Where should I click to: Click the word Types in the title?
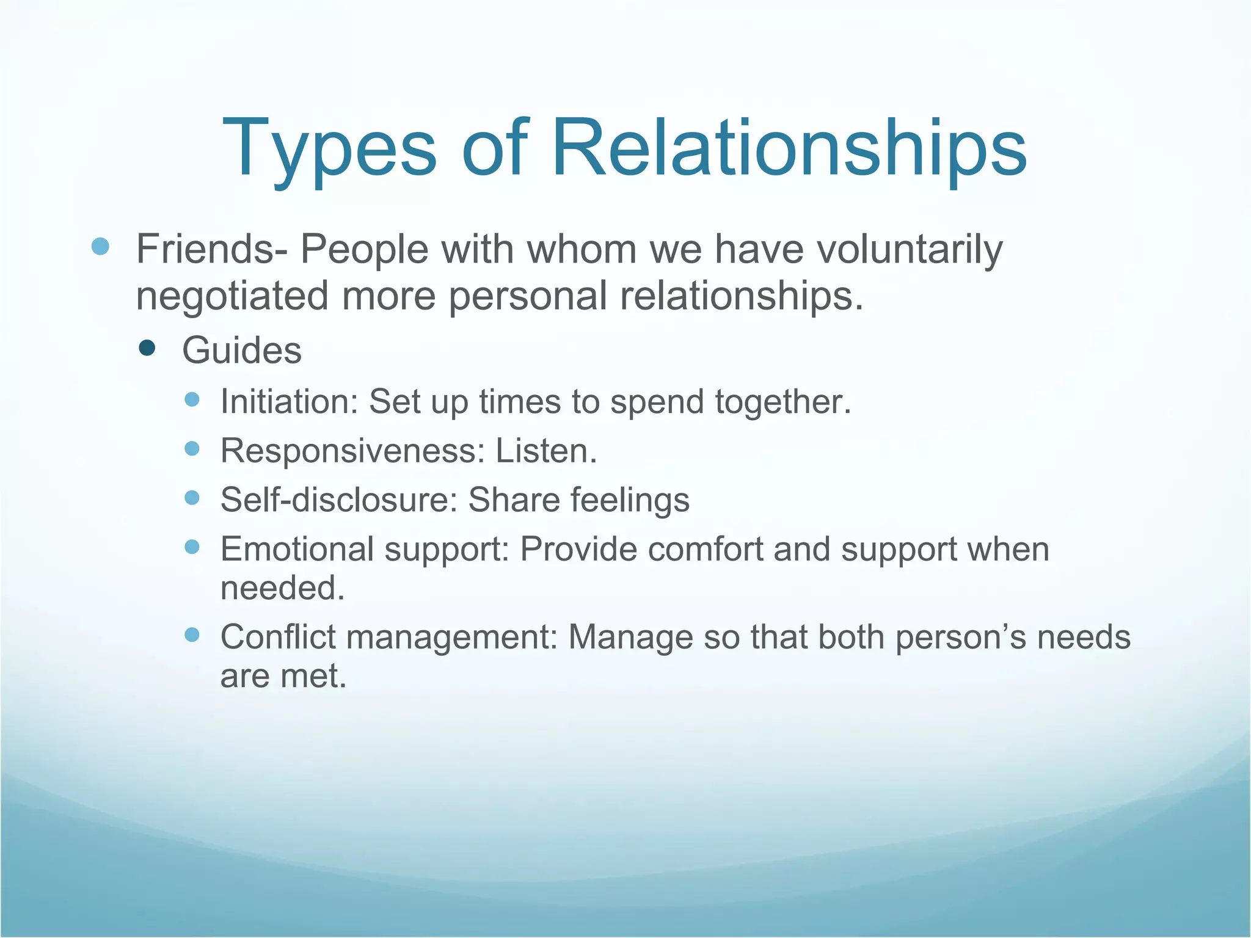(x=330, y=150)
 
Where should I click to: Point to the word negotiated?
(x=233, y=297)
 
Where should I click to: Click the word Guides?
(x=242, y=351)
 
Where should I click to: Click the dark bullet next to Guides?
(x=147, y=348)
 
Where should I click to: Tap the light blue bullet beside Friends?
(x=100, y=247)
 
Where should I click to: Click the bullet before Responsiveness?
(x=192, y=448)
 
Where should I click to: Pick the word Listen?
(x=545, y=451)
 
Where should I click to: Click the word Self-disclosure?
(x=339, y=500)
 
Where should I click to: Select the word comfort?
(x=705, y=549)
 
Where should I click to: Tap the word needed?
(x=282, y=588)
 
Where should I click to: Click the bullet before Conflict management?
(x=192, y=635)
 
